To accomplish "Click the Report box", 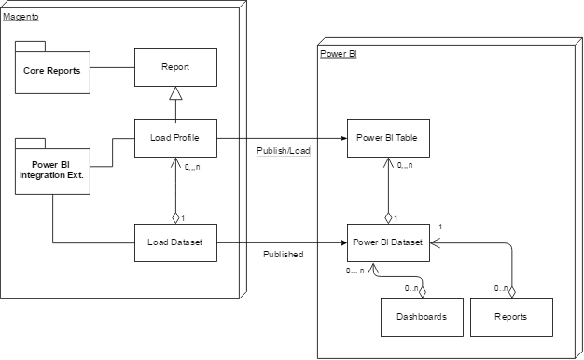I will (x=175, y=68).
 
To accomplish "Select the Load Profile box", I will (x=175, y=138).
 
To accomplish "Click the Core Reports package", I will (x=51, y=71).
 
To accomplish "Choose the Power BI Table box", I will (x=386, y=138).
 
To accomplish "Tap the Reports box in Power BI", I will (x=511, y=317).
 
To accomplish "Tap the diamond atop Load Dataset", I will (x=175, y=218).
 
